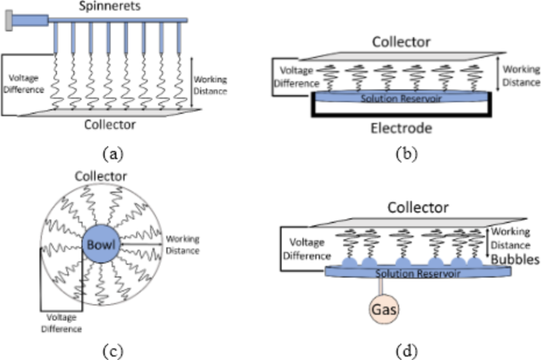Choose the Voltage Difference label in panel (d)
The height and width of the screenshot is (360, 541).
[x=306, y=249]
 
